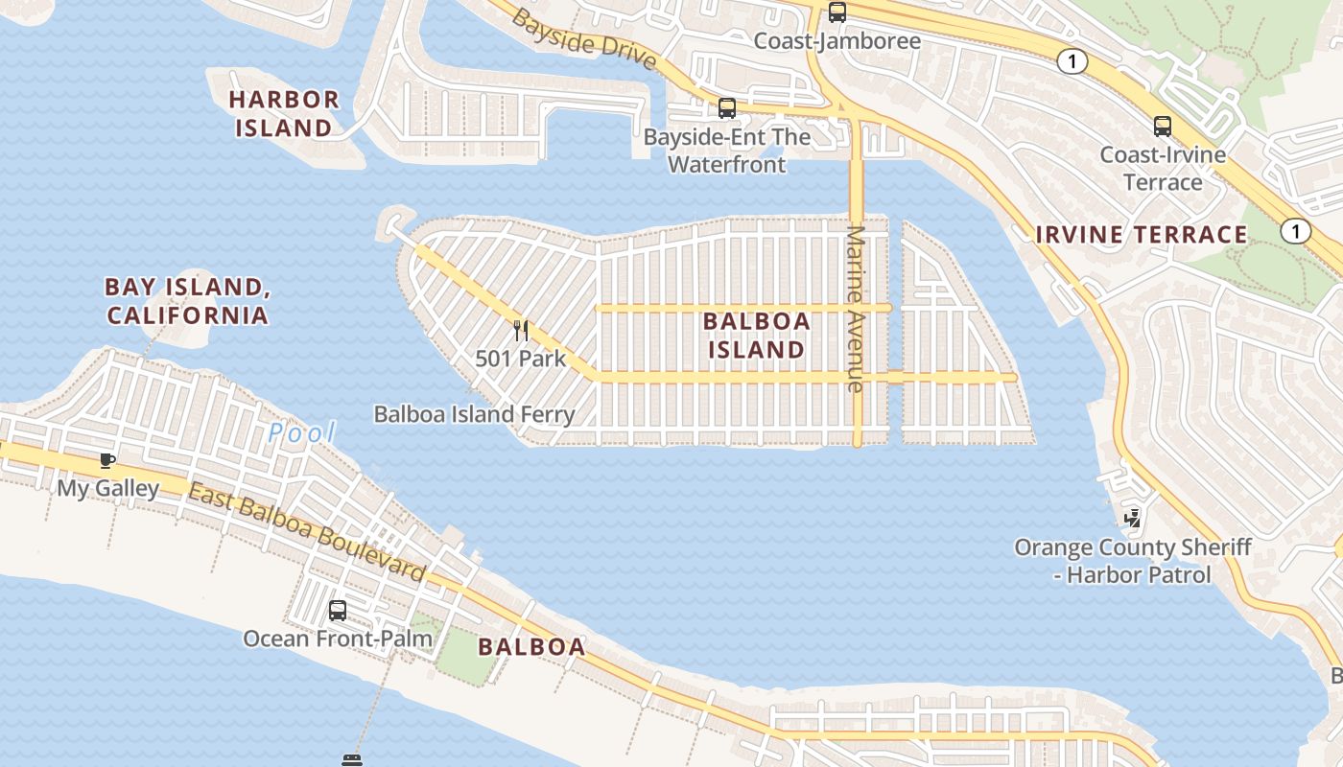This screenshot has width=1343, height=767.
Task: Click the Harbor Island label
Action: tap(284, 113)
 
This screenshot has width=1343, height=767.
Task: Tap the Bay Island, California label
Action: tap(186, 301)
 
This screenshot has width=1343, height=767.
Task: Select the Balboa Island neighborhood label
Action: tap(756, 336)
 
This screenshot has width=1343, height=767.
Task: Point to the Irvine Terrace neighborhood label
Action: tap(1142, 235)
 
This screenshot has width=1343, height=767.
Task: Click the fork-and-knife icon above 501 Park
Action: tap(521, 331)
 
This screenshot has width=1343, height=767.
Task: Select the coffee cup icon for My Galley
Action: tap(107, 461)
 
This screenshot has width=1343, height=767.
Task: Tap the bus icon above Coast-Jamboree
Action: tap(837, 12)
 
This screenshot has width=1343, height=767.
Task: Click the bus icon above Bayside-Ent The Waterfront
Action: tap(727, 108)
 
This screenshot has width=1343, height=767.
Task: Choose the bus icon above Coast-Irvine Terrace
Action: tap(1163, 126)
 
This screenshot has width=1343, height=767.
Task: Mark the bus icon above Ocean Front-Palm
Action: tap(338, 611)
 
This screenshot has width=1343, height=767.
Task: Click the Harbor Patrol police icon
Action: tap(1133, 519)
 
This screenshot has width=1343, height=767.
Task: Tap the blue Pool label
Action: tap(301, 433)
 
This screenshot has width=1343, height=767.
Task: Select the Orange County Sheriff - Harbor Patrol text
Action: tap(1132, 561)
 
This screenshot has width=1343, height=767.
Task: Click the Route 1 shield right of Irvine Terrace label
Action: tap(1295, 231)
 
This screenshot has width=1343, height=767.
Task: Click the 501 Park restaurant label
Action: tap(520, 359)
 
